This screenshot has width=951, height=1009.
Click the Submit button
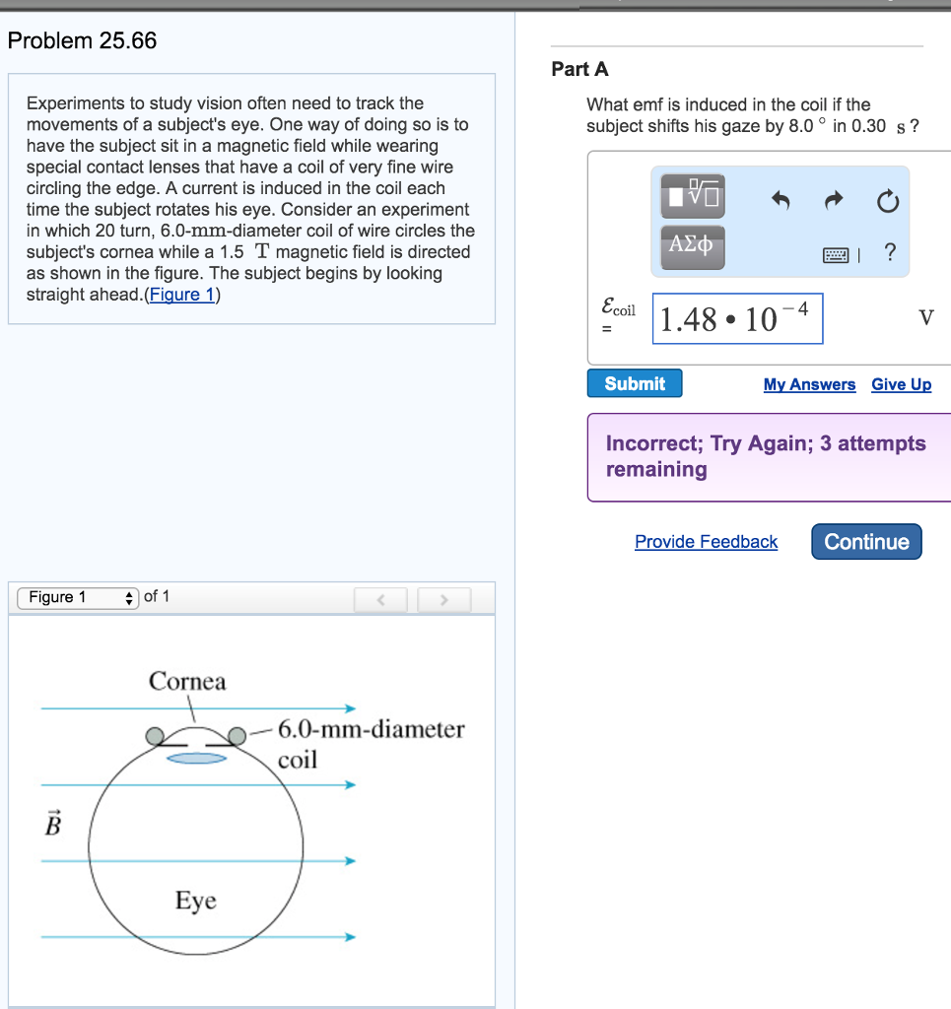point(634,383)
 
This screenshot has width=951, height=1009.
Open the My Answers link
point(809,384)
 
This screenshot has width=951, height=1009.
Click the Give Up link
point(901,384)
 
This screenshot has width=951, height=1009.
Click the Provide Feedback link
point(706,542)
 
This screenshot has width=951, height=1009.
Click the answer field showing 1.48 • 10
point(737,318)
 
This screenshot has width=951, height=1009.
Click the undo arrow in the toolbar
point(781,202)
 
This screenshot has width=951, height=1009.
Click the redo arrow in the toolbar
point(834,202)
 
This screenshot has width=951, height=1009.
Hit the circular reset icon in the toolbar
point(887,203)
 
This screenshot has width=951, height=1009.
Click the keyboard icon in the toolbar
point(835,255)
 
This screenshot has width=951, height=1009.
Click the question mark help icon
point(890,253)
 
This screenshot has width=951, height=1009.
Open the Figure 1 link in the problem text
point(182,295)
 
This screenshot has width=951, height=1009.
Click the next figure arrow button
point(443,598)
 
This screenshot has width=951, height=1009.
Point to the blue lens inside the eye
point(196,758)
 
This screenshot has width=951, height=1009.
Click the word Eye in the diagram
point(195,901)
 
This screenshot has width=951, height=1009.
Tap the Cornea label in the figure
point(187,681)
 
